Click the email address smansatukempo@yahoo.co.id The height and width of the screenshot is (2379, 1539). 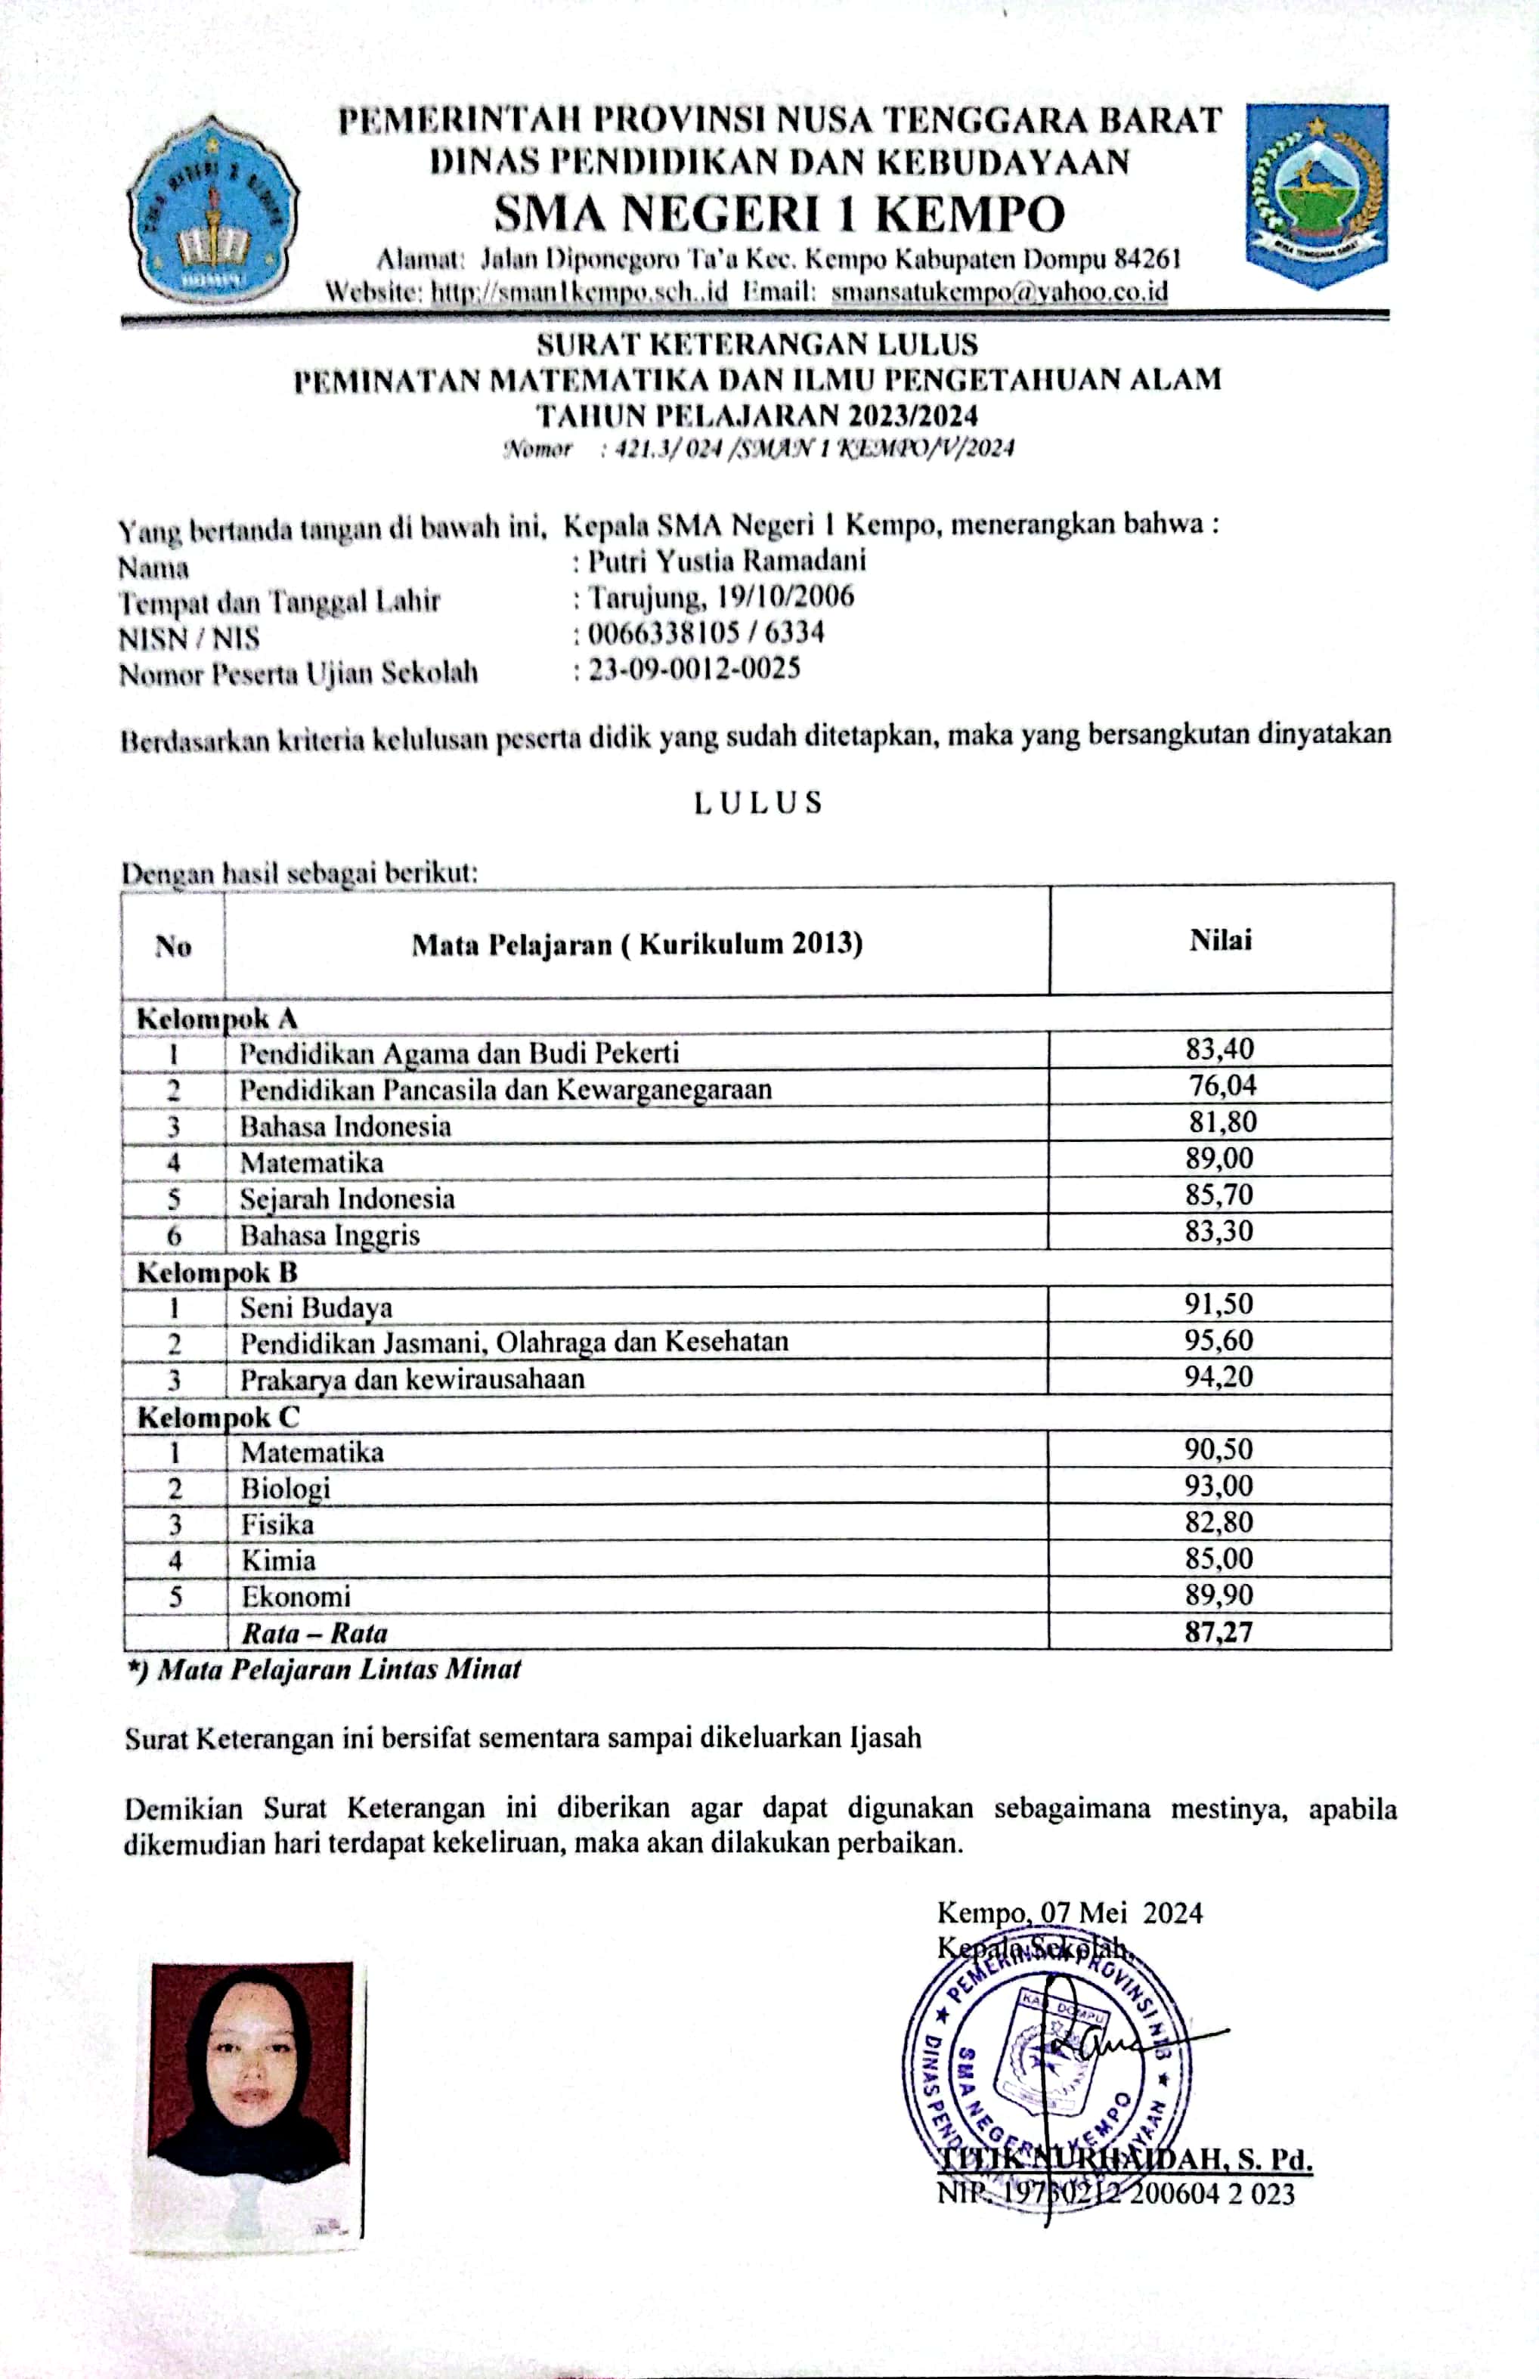(x=999, y=292)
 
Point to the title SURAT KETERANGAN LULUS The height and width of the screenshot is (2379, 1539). (x=757, y=345)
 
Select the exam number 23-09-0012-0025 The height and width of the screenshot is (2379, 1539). (x=695, y=669)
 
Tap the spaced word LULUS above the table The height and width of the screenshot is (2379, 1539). (x=758, y=803)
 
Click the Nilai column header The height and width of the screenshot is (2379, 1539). (x=1220, y=939)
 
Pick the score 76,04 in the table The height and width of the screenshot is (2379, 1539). (x=1222, y=1085)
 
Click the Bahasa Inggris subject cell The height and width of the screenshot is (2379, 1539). (x=330, y=1235)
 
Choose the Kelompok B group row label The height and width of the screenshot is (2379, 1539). (x=217, y=1272)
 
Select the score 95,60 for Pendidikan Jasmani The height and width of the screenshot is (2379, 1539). (x=1219, y=1340)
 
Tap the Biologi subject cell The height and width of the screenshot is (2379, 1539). (x=286, y=1488)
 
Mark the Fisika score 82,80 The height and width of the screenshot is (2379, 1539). (x=1219, y=1522)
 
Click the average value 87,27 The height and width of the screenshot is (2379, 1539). (x=1219, y=1632)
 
